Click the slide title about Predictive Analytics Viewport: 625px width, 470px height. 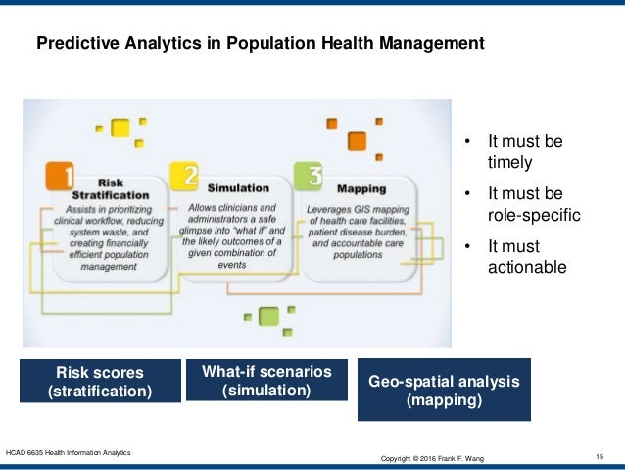point(260,44)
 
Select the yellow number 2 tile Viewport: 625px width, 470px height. point(183,177)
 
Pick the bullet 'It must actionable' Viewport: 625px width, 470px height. point(526,253)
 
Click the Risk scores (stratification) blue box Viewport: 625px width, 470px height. point(100,382)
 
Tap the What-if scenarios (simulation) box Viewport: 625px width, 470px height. point(266,381)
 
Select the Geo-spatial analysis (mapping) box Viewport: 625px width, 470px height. point(444,390)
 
